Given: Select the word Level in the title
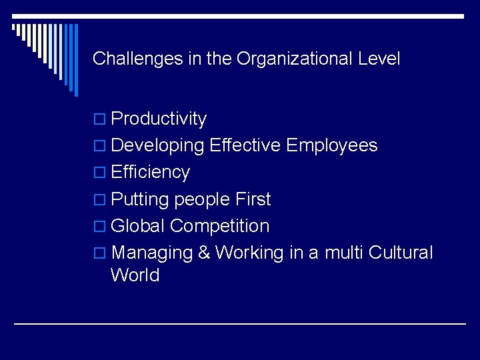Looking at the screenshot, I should point(379,59).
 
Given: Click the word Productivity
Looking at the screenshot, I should point(159,119).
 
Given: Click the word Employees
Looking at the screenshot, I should point(331,146).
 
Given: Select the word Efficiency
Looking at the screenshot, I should point(150,173).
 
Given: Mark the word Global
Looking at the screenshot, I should point(138,226).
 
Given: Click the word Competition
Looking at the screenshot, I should point(219,226).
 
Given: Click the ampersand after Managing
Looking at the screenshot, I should point(202,253).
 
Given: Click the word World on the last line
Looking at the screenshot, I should point(135,275).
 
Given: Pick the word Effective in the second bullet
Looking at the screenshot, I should point(246,146).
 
